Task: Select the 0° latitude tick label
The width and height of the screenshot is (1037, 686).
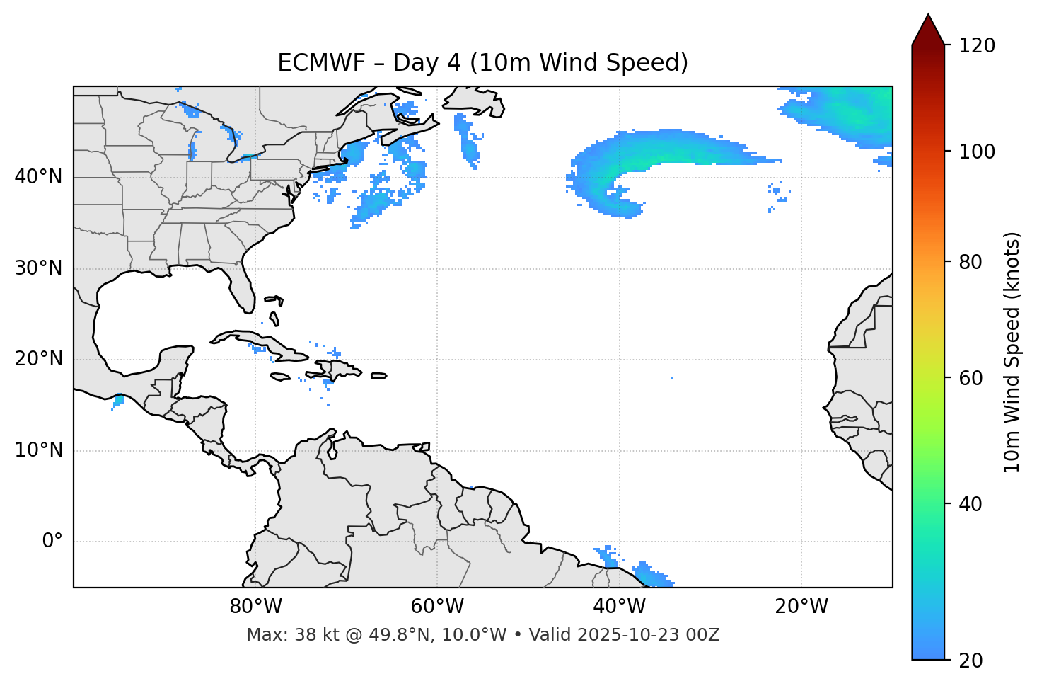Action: (x=52, y=542)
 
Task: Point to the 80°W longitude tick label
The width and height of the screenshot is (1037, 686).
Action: (x=255, y=607)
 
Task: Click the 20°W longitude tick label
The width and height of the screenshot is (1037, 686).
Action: (x=801, y=607)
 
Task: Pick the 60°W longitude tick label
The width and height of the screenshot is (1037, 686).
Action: (x=437, y=607)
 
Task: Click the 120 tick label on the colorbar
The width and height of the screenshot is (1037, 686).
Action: (x=977, y=46)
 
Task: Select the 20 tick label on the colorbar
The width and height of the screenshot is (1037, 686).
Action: (x=971, y=661)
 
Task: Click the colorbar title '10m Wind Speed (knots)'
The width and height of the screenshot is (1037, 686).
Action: (x=1012, y=352)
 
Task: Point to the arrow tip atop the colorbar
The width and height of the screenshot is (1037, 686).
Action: (x=928, y=16)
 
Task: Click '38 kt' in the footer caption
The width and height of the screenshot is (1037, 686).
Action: (x=314, y=635)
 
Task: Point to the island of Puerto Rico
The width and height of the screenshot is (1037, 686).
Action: (x=379, y=376)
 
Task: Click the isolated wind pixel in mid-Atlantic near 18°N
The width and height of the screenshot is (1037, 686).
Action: (x=671, y=378)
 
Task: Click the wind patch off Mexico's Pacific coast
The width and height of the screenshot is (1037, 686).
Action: (x=118, y=401)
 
